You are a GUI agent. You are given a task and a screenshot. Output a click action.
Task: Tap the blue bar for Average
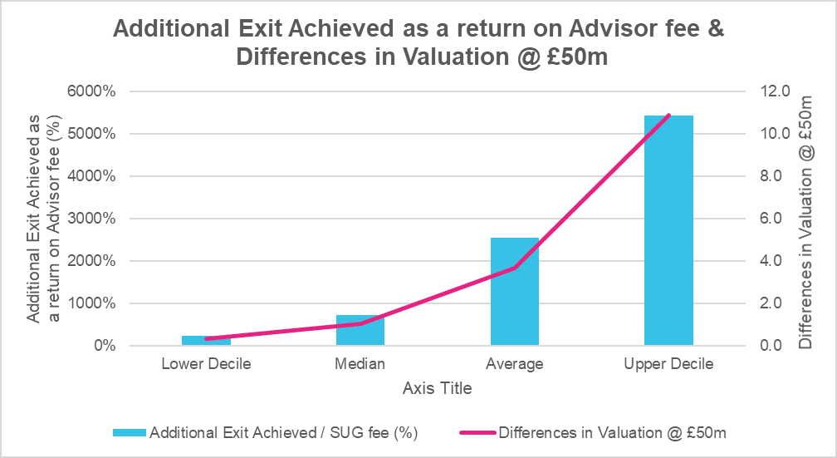515,291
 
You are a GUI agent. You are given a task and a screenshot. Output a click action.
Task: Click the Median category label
360,364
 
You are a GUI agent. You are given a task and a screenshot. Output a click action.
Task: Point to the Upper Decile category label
668,364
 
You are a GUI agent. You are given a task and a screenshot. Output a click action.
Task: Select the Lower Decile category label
206,364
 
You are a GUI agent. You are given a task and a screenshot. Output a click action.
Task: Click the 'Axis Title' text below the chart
437,388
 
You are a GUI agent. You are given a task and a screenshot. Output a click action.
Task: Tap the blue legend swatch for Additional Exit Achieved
128,432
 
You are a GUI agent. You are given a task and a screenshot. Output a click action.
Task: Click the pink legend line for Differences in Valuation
475,432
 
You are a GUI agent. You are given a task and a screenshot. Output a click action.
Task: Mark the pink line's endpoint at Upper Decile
668,115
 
